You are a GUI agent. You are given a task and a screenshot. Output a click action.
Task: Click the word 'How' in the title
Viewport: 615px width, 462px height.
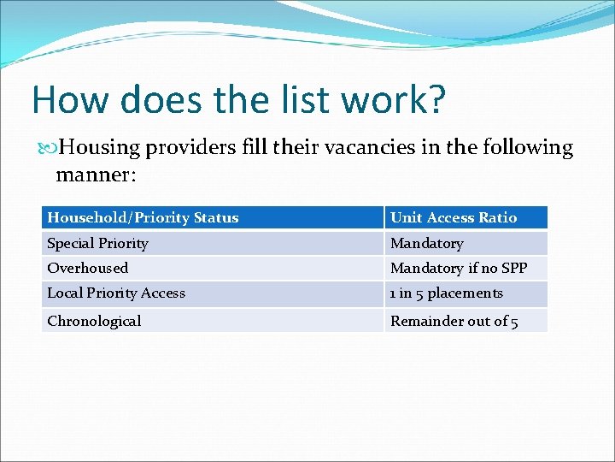[71, 100]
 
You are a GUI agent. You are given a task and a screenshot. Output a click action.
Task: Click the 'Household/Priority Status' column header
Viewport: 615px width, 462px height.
[143, 217]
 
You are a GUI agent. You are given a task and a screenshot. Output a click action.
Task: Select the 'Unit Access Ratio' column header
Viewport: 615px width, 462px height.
[454, 217]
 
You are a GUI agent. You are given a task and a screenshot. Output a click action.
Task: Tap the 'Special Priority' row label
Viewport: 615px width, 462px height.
[97, 243]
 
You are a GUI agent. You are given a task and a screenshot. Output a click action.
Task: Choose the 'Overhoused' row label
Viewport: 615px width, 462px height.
[87, 268]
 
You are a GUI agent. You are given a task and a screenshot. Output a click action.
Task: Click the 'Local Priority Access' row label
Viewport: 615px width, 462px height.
[115, 293]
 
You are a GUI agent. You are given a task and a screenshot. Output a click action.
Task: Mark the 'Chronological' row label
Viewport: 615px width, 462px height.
[94, 321]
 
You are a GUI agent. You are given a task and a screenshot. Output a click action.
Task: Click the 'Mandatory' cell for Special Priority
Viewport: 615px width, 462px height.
[426, 243]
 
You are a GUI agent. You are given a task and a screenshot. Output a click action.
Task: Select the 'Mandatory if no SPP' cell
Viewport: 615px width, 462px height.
[459, 268]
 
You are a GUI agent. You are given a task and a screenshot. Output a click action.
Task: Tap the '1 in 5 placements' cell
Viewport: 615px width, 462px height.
[446, 293]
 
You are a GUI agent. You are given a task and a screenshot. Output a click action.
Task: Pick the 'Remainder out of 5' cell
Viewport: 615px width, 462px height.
[454, 321]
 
